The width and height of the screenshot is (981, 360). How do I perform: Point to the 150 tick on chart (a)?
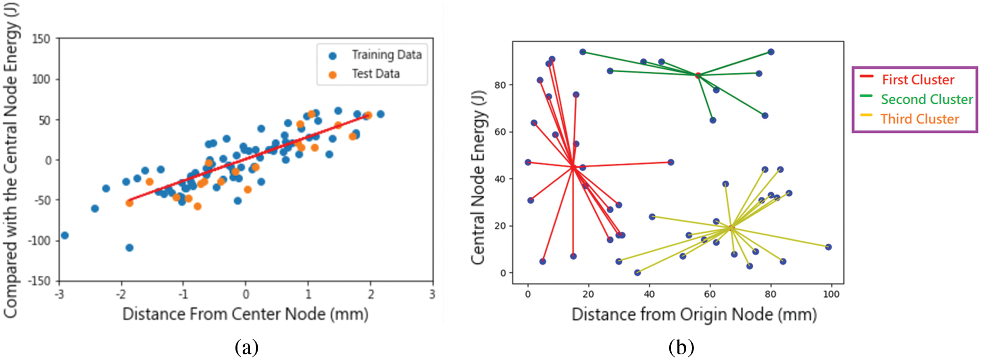[41, 39]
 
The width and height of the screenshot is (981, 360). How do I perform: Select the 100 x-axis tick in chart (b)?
[831, 294]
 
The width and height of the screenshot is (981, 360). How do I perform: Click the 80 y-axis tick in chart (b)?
[500, 85]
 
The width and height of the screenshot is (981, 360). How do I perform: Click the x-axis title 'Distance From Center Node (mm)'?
[245, 314]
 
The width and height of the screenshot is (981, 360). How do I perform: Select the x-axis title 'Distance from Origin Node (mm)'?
[693, 315]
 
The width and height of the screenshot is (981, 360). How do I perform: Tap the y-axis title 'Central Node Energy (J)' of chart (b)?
[478, 177]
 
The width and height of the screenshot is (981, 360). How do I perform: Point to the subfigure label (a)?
[246, 348]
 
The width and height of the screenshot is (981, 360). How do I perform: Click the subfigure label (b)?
[681, 348]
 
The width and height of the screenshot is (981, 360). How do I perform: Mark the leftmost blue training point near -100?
[65, 236]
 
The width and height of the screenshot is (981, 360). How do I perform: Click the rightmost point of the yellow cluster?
[828, 247]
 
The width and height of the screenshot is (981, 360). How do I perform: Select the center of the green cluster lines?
[698, 75]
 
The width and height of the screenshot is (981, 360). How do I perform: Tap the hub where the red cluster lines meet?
[573, 166]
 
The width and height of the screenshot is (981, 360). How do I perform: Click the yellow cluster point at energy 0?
[638, 273]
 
